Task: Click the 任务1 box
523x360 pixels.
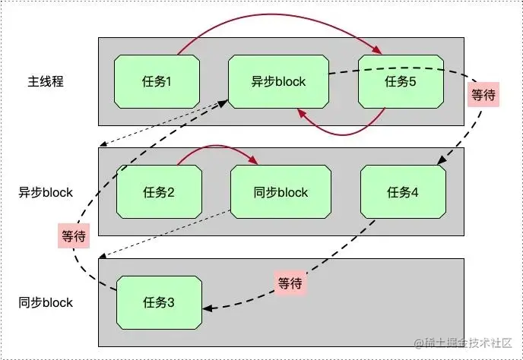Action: click(157, 81)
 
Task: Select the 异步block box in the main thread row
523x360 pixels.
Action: click(278, 81)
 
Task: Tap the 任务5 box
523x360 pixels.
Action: click(401, 81)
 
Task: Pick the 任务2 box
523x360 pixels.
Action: click(159, 191)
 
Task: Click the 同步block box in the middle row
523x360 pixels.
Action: click(281, 191)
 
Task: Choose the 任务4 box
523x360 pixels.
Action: click(403, 191)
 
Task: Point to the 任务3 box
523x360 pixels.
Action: click(159, 302)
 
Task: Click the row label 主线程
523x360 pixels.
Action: click(46, 81)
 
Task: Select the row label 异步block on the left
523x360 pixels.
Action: click(46, 192)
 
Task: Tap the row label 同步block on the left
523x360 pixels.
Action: click(46, 302)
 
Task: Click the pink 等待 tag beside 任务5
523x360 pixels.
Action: click(483, 95)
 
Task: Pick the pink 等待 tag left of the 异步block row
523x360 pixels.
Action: click(74, 236)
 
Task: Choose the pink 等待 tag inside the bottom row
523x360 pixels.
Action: click(290, 283)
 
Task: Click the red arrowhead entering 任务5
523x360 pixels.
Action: click(378, 50)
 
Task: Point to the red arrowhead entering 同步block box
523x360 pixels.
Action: click(253, 160)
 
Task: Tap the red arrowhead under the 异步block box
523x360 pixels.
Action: click(302, 114)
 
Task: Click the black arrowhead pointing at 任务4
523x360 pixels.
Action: click(442, 160)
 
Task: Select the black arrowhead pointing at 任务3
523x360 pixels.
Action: click(207, 308)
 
